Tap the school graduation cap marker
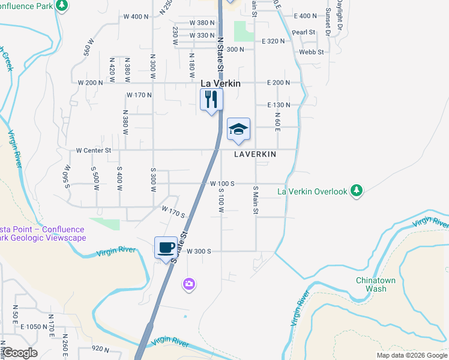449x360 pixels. pyautogui.click(x=238, y=129)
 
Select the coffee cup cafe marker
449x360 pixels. pyautogui.click(x=165, y=247)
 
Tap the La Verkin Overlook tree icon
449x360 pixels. pyautogui.click(x=357, y=191)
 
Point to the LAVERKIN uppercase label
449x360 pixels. pyautogui.click(x=255, y=154)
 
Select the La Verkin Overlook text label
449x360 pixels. pyautogui.click(x=312, y=191)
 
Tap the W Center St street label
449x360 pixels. pyautogui.click(x=94, y=150)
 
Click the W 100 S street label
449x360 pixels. pyautogui.click(x=221, y=183)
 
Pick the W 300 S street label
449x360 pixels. pyautogui.click(x=199, y=251)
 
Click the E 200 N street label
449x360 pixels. pyautogui.click(x=277, y=82)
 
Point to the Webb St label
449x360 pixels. pyautogui.click(x=312, y=52)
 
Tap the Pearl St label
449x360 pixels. pyautogui.click(x=304, y=32)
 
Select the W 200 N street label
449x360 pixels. pyautogui.click(x=91, y=82)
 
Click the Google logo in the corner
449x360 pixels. pyautogui.click(x=20, y=353)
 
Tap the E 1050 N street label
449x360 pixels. pyautogui.click(x=34, y=327)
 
